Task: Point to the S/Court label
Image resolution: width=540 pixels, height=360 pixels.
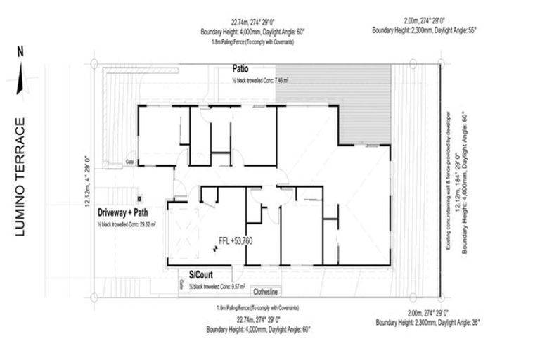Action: click(x=201, y=275)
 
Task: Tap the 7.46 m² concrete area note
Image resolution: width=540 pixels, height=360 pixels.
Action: click(x=262, y=81)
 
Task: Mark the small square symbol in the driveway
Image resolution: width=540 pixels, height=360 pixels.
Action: click(x=140, y=198)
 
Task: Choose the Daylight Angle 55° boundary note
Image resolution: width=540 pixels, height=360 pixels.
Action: click(x=423, y=31)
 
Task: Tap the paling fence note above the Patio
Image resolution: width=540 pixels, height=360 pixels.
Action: click(x=252, y=42)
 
